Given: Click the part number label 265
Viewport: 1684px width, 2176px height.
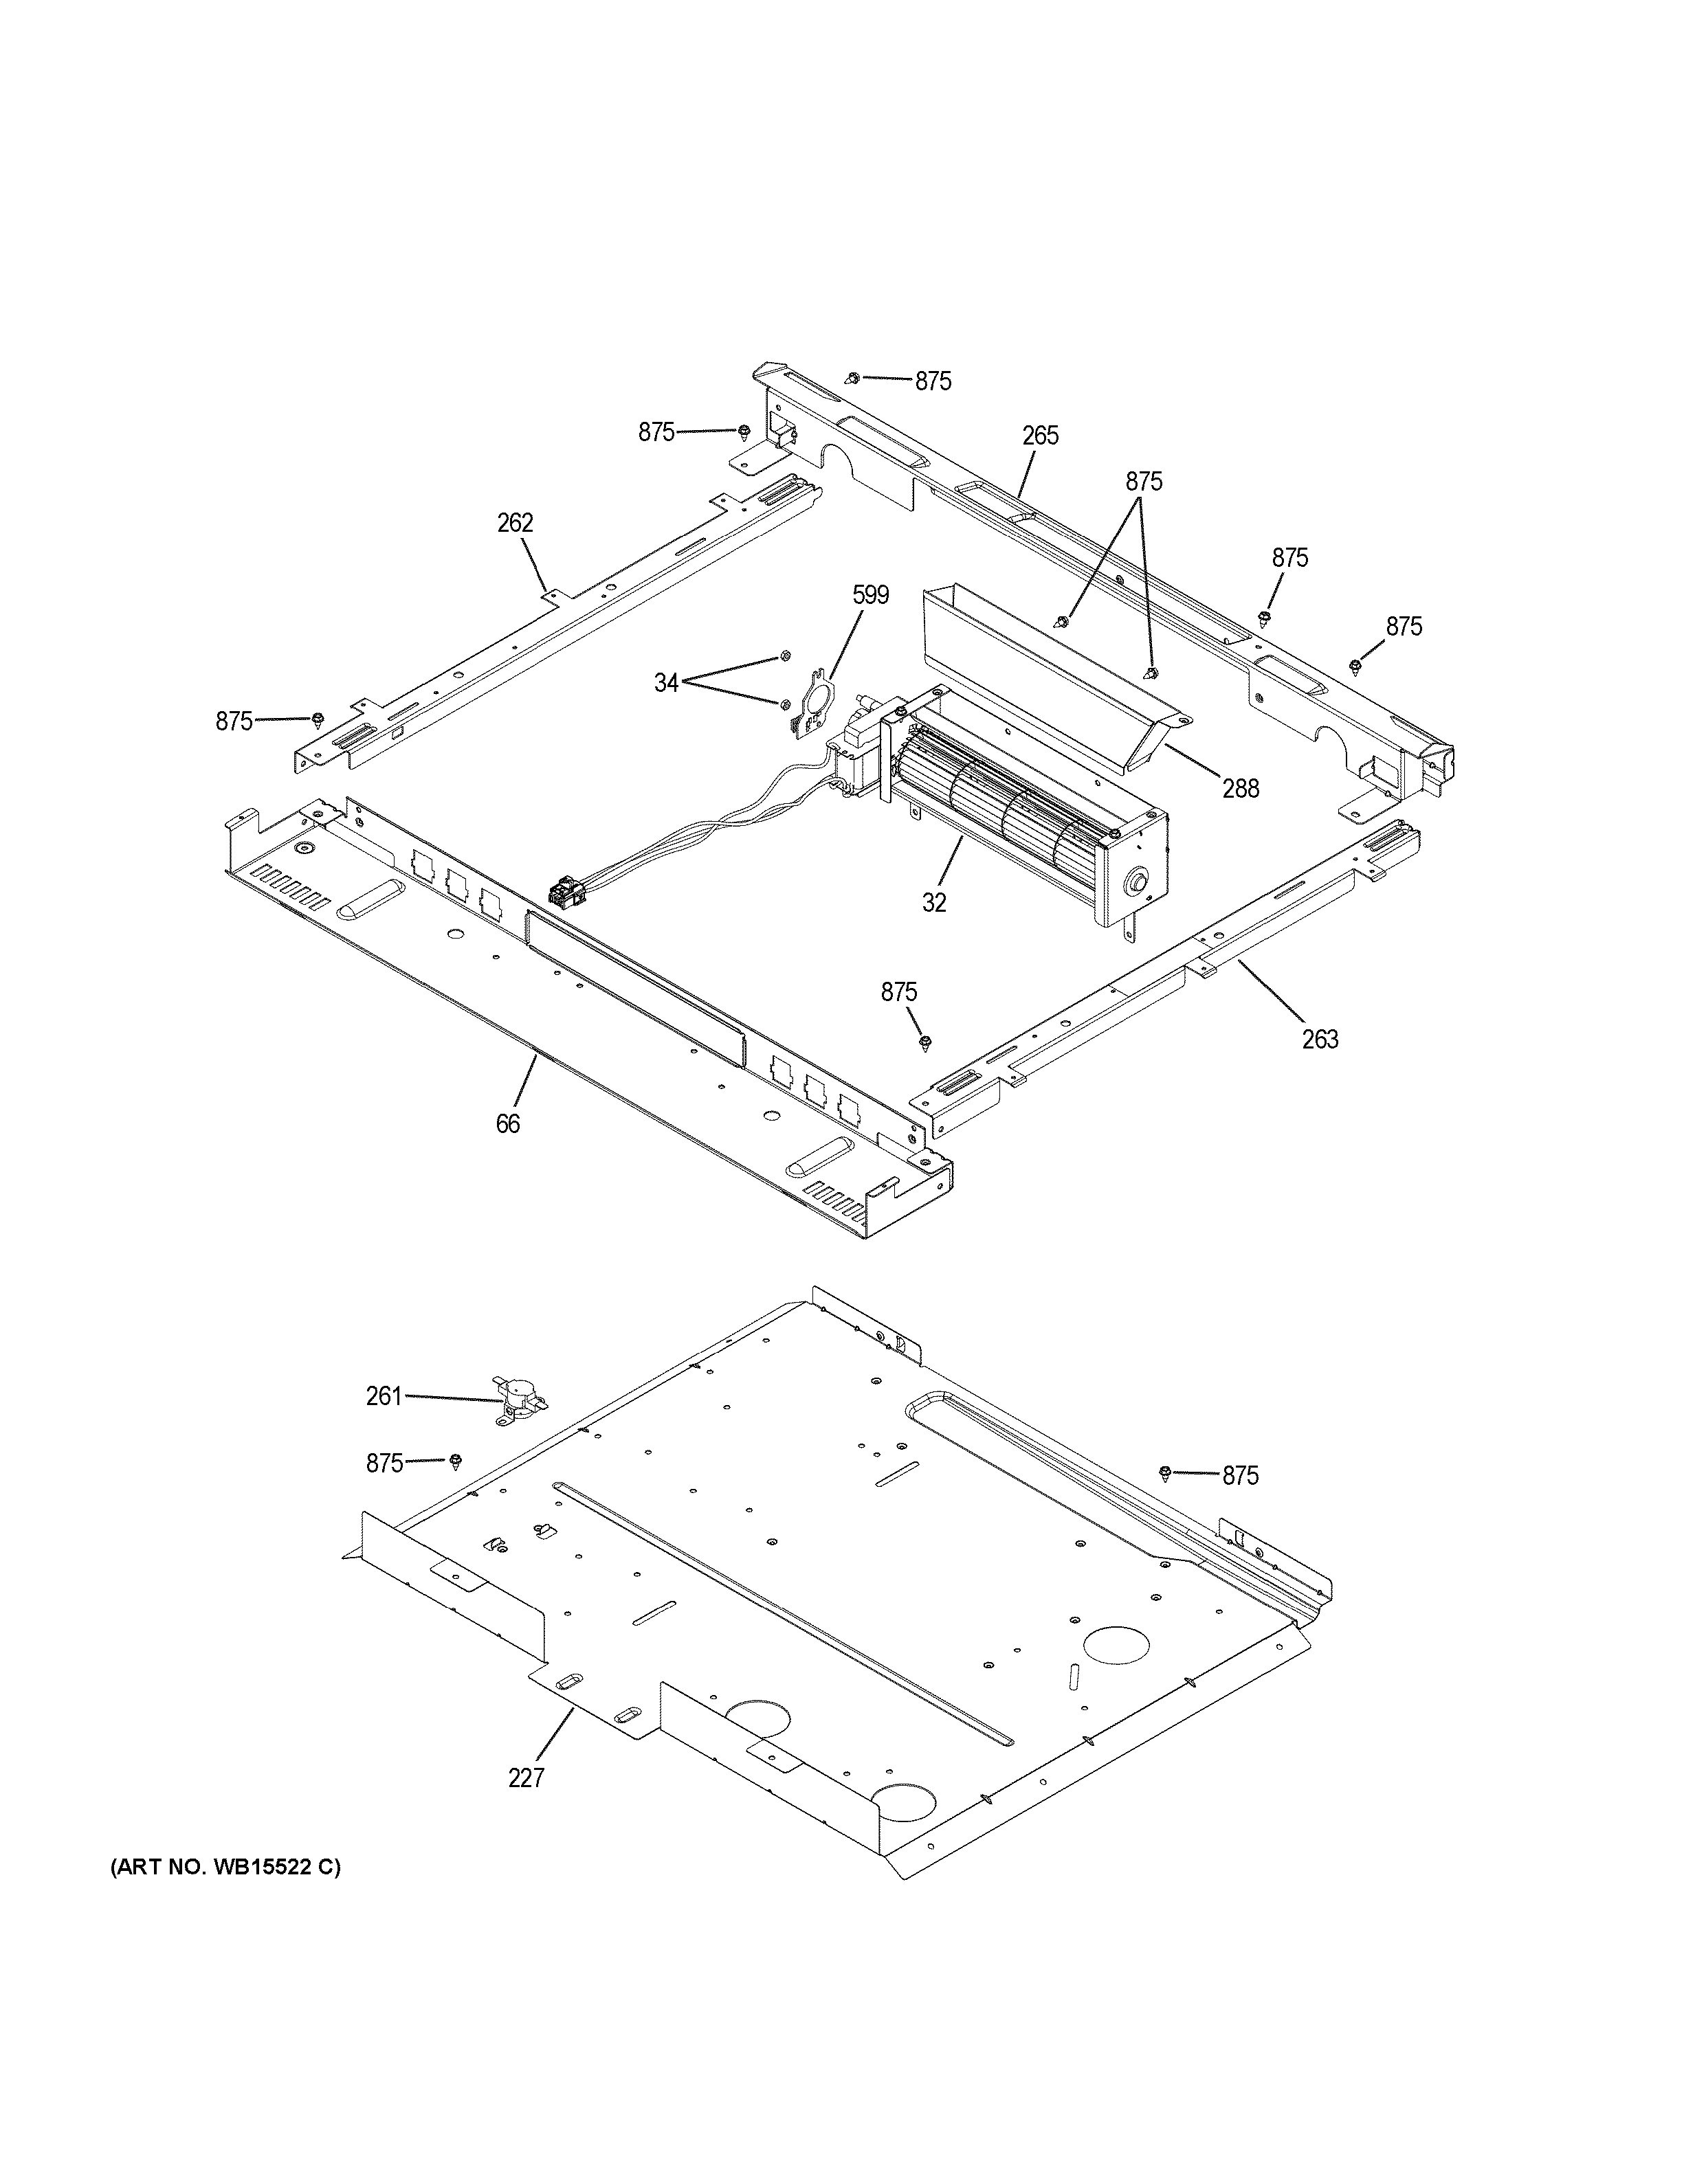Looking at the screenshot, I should click(1039, 436).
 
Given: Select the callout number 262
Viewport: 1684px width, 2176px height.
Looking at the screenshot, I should click(515, 523).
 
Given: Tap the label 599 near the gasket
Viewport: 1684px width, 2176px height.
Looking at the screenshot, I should click(870, 595).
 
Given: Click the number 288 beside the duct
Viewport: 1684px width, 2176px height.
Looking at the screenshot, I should click(1241, 789).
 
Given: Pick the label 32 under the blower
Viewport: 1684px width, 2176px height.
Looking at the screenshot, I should click(933, 903).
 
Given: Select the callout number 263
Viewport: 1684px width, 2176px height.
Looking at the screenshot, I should click(1319, 1039).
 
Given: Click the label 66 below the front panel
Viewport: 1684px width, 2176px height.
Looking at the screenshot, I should click(507, 1124).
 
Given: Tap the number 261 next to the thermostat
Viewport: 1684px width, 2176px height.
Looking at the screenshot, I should click(384, 1397).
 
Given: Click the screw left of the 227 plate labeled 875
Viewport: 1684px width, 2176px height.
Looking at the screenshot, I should click(456, 1461).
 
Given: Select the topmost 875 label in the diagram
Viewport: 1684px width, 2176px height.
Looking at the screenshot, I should click(933, 381).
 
